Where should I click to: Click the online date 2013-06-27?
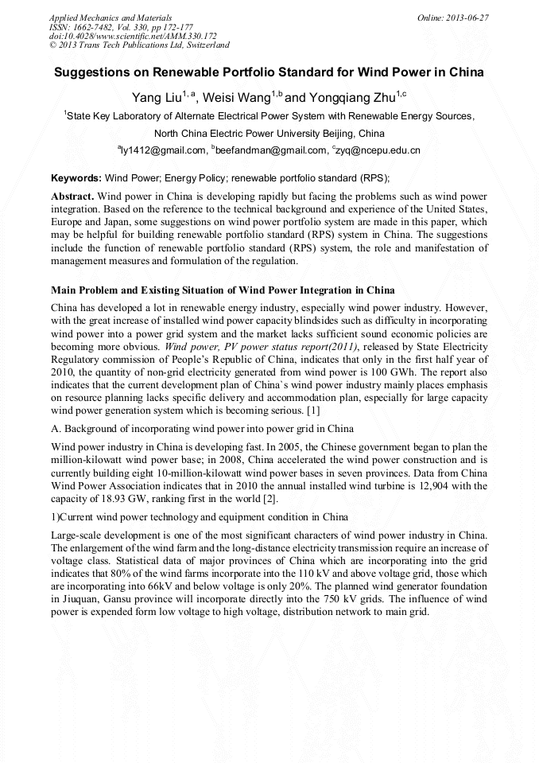point(464,17)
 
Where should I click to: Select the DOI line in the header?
point(132,36)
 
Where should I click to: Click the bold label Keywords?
point(76,178)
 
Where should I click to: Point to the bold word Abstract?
point(73,196)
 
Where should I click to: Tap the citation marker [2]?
point(270,498)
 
